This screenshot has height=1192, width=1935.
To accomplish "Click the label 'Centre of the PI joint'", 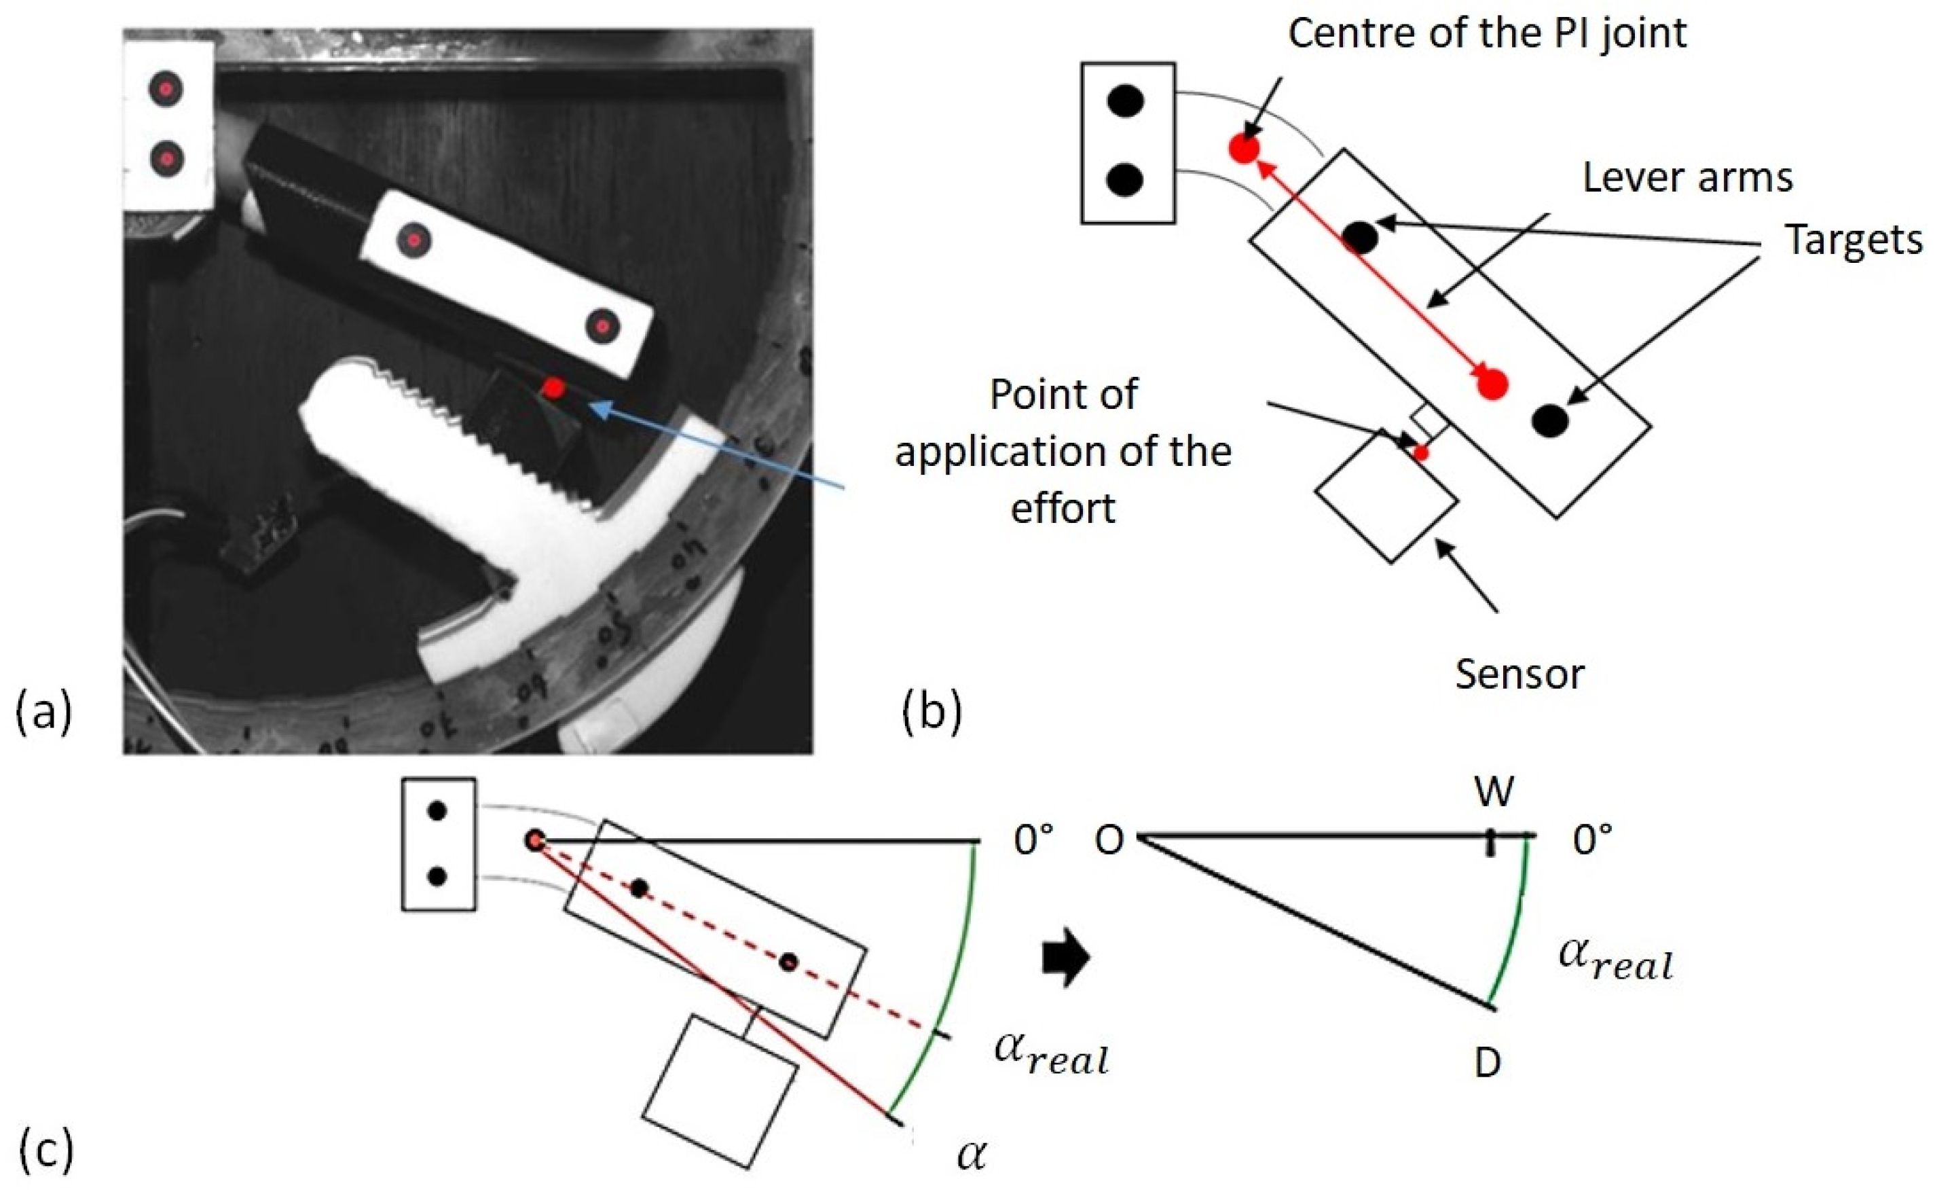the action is click(1488, 35).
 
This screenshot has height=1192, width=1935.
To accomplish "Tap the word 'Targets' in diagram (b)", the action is click(1853, 240).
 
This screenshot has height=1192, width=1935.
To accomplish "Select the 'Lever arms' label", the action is click(1688, 178).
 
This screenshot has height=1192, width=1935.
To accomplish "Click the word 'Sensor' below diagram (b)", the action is click(1518, 675).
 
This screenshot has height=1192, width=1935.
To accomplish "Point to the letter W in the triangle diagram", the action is click(1494, 791).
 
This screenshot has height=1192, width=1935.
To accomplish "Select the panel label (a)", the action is click(44, 712).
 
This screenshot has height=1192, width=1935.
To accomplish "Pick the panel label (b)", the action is click(932, 711).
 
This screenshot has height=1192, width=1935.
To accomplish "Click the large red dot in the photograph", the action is click(555, 388).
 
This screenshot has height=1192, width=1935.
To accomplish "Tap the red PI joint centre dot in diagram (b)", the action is click(1243, 148).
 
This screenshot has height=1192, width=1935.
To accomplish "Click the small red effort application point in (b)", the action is click(1420, 452).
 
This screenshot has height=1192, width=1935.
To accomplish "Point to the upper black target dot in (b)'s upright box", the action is click(1125, 101).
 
